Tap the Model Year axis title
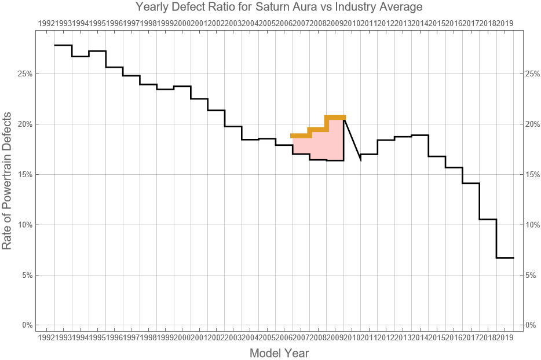pos(279,353)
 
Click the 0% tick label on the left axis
pos(27,325)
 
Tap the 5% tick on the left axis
pos(27,275)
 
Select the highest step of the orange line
pos(335,117)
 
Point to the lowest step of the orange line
pos(301,135)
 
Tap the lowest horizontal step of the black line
pos(505,258)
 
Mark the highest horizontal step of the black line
pos(63,45)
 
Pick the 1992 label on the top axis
pos(46,23)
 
